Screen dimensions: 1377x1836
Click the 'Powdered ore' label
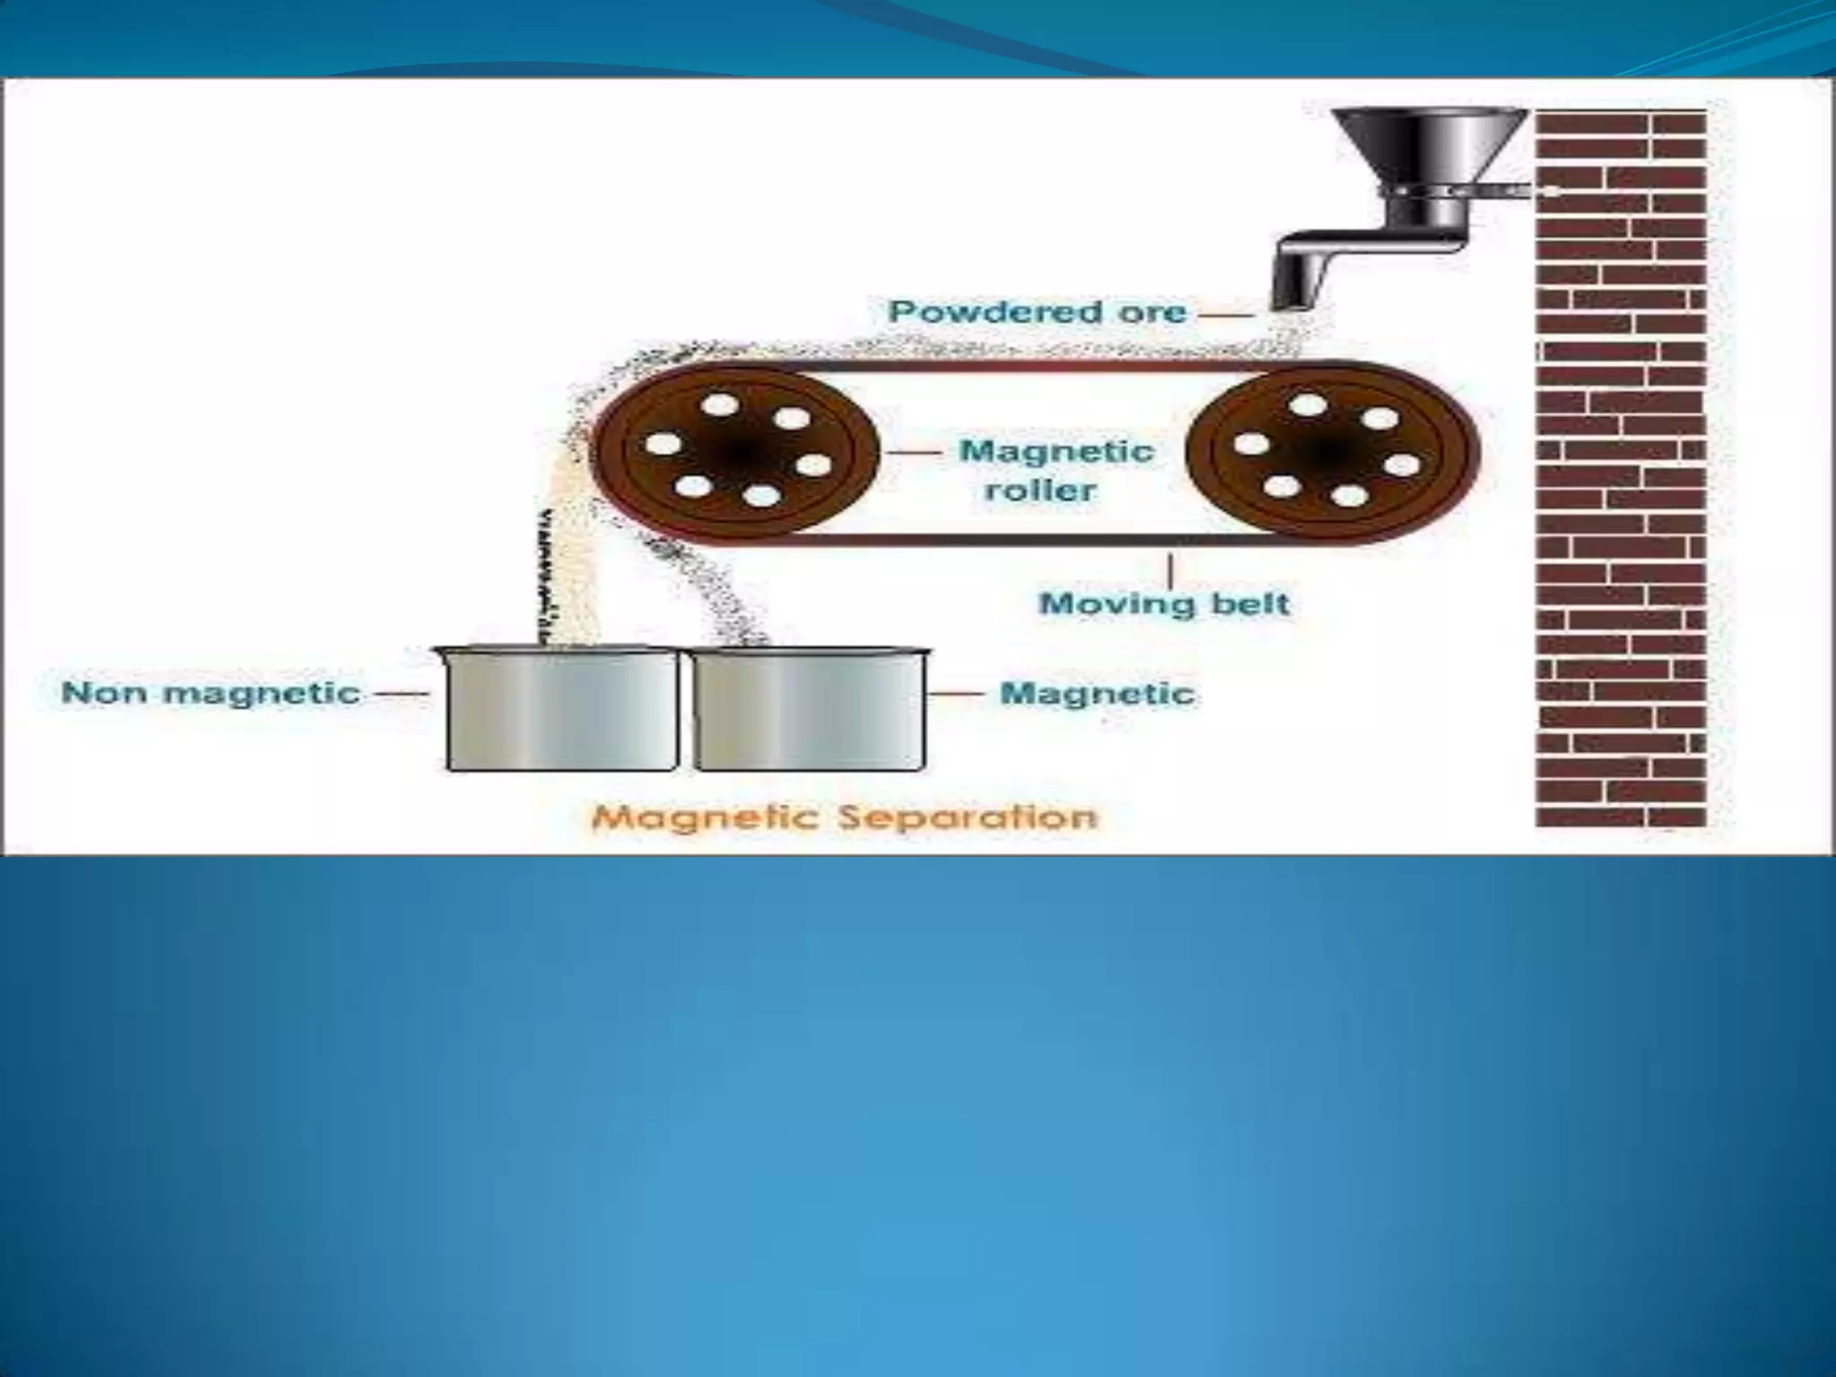pos(1037,312)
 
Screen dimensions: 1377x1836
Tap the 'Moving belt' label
pos(1165,603)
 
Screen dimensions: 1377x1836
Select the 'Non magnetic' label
pos(211,693)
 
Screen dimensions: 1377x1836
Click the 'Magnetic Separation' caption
pos(844,817)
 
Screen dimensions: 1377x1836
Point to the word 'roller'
pos(1040,490)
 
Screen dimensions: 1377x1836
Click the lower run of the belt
pos(1031,540)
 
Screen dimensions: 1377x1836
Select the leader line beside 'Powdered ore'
pos(1226,314)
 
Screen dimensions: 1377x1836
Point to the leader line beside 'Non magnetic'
pos(400,693)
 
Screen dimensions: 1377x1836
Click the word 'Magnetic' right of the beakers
pos(1097,693)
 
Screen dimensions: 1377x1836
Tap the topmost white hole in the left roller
pos(719,405)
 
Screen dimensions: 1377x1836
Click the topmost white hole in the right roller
pos(1310,405)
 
